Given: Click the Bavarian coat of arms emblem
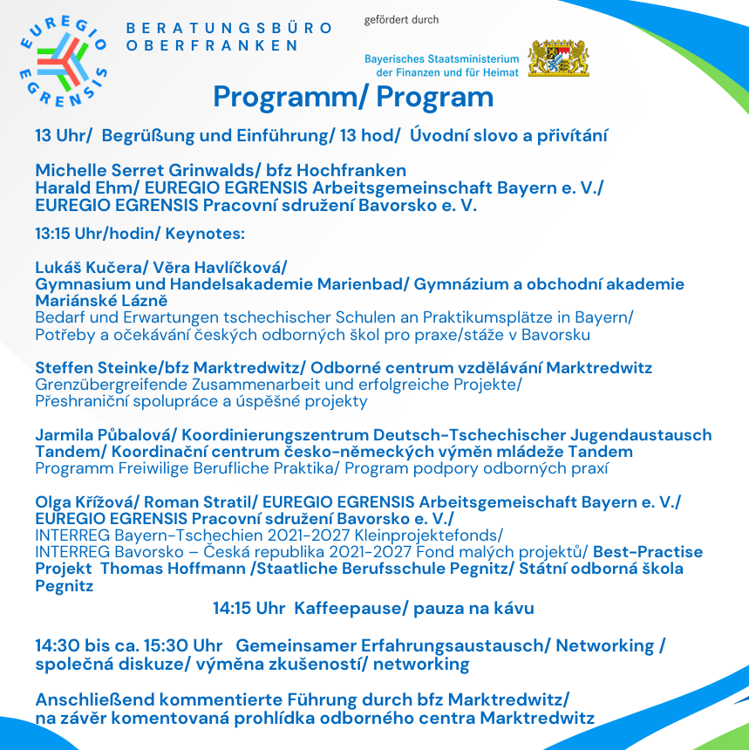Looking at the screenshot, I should [x=559, y=58].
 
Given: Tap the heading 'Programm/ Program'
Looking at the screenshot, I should [x=353, y=97].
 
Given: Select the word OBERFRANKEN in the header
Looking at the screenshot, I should [x=213, y=44].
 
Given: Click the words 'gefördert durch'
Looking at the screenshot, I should [x=402, y=19].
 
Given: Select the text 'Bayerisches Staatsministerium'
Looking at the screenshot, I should [x=441, y=58].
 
